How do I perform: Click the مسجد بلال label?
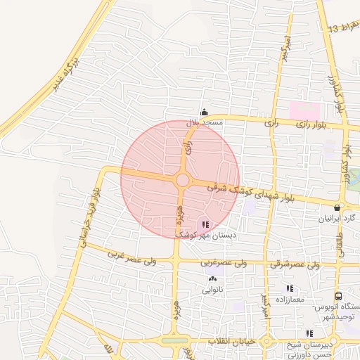tap(205, 123)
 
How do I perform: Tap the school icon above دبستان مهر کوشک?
tap(205, 225)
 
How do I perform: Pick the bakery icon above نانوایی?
tap(212, 279)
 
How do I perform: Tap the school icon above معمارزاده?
tap(290, 288)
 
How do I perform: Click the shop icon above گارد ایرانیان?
tap(339, 207)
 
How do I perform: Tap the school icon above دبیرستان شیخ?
tap(309, 333)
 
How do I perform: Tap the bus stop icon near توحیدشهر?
tap(338, 297)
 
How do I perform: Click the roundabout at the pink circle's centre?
tap(182, 181)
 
